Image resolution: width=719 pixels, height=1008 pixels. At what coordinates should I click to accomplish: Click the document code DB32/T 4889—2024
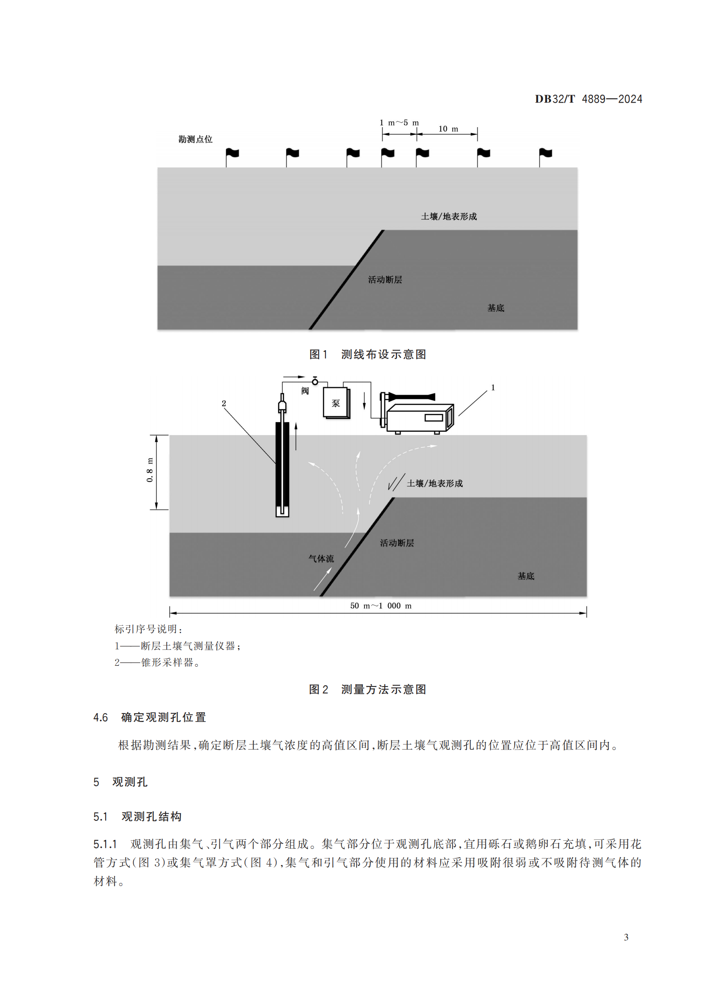tap(588, 99)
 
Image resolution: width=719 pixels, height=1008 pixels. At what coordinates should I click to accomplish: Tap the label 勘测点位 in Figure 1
tap(195, 139)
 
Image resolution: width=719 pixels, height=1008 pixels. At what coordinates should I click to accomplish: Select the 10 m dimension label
tap(448, 129)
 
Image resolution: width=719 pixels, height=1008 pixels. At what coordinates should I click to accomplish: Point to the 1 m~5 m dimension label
tap(399, 123)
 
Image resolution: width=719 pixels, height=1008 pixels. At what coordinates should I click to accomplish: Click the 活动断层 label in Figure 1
tap(385, 280)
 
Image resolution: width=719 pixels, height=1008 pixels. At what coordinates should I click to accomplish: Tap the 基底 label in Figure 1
tap(496, 308)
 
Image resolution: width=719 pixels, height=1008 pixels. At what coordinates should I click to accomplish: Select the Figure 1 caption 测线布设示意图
tap(383, 354)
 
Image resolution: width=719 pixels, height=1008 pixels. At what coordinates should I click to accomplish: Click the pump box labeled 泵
tap(336, 403)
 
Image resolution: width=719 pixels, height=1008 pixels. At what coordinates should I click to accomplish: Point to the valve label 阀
tap(305, 391)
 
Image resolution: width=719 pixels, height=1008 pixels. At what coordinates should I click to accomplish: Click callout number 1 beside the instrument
tap(493, 388)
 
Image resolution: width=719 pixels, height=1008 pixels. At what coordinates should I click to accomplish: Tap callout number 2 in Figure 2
tap(224, 403)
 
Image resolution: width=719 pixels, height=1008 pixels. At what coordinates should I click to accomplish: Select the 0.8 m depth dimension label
tap(150, 470)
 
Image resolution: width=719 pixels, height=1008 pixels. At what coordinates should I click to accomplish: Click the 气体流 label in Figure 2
tap(321, 559)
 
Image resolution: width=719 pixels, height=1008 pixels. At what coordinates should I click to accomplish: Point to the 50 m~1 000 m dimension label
tap(381, 606)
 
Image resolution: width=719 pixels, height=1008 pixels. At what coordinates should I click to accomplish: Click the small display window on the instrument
tap(434, 418)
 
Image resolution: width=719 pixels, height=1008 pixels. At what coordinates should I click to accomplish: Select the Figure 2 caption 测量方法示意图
tap(383, 689)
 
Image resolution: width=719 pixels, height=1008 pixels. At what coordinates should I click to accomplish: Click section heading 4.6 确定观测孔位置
tap(150, 717)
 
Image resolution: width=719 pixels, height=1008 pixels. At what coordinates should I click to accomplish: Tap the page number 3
tap(626, 937)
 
